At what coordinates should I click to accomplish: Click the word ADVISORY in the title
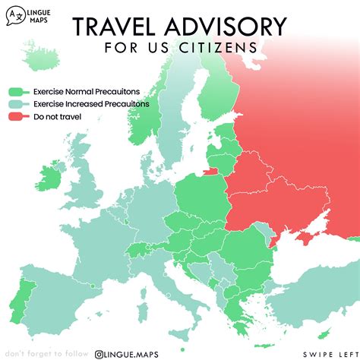pyautogui.click(x=228, y=28)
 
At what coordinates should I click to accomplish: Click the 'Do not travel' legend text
pyautogui.click(x=57, y=116)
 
